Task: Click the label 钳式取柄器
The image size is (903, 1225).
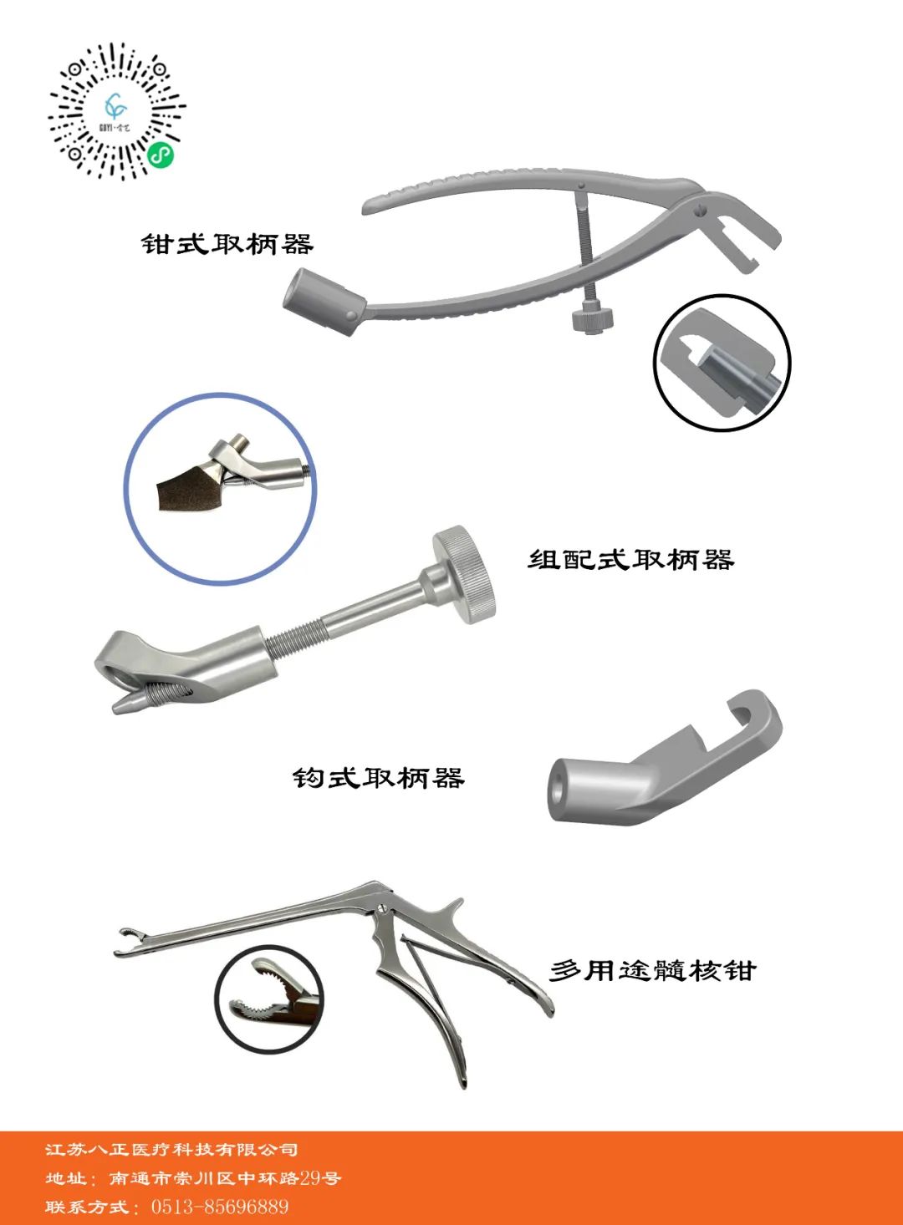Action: click(227, 243)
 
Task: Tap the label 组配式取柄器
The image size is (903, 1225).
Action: click(630, 560)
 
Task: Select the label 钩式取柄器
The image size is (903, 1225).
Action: click(378, 778)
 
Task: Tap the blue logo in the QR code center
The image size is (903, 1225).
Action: click(116, 106)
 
